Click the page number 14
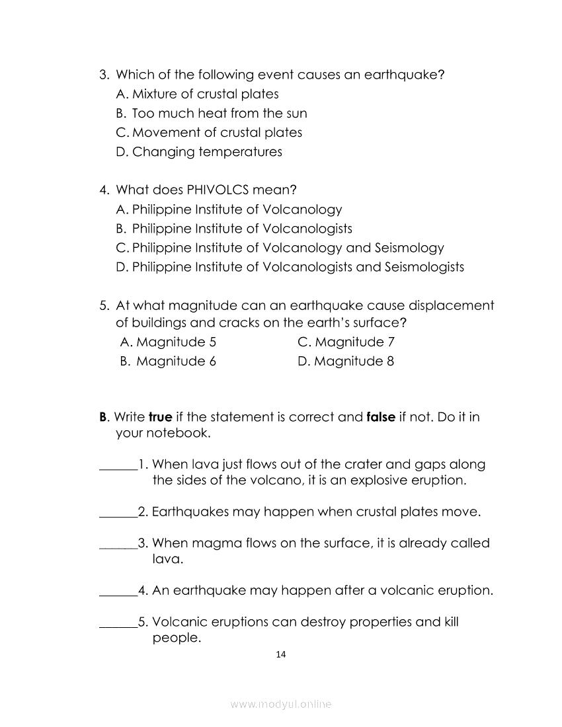click(280, 655)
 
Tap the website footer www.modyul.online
click(280, 705)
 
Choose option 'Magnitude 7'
click(346, 342)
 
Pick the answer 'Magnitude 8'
click(346, 362)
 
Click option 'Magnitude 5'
click(169, 342)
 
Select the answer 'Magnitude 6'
click(169, 362)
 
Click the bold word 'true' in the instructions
click(161, 418)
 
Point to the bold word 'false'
click(381, 418)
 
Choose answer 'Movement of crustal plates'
click(209, 133)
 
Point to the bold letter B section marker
click(103, 418)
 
